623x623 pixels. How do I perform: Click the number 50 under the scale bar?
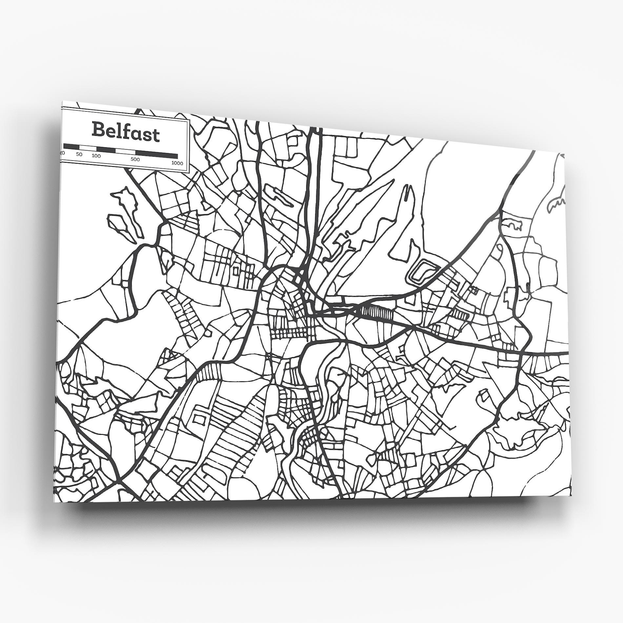(x=79, y=154)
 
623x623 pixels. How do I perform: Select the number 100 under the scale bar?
(x=96, y=156)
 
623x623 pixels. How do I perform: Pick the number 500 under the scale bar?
(x=135, y=160)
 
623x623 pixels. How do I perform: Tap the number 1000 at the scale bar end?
(x=177, y=163)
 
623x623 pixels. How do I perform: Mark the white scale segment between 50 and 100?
(x=88, y=148)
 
